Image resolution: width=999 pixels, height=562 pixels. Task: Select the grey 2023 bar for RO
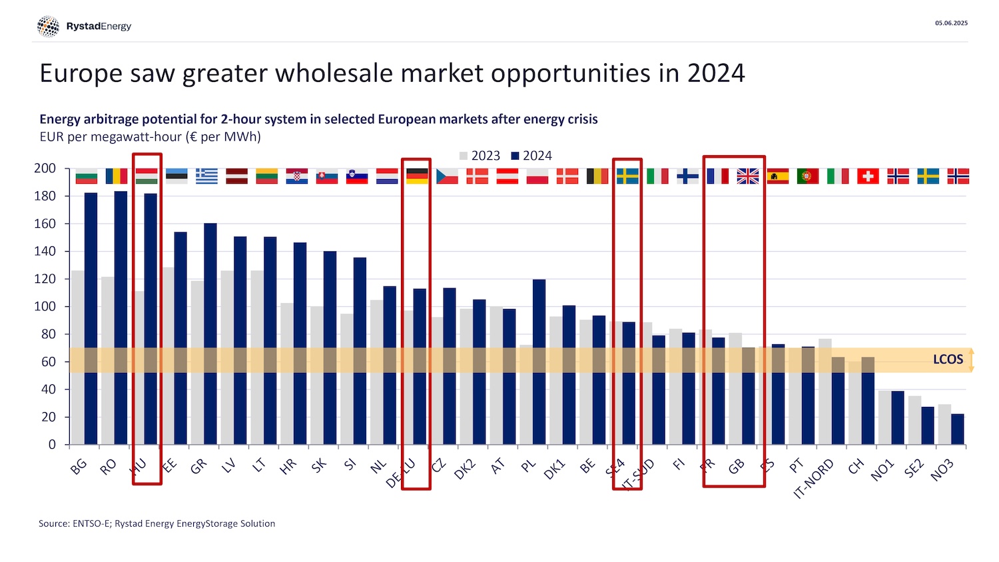tap(108, 360)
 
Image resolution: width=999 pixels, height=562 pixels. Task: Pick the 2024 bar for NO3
tap(958, 429)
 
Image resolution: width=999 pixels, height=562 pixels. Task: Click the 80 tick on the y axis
tap(49, 334)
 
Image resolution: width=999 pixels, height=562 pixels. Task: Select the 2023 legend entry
tap(480, 156)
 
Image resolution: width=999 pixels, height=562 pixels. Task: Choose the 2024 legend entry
tap(531, 156)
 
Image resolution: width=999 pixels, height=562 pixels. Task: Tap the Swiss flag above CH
tap(868, 176)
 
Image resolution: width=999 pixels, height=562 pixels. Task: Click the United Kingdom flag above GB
tap(748, 176)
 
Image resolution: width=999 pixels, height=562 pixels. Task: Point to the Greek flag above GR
tap(206, 176)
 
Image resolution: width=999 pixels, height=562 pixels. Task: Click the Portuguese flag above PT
tap(808, 176)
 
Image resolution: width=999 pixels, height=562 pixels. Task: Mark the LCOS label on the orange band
tap(948, 360)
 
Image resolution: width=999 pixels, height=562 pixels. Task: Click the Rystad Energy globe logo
tap(48, 27)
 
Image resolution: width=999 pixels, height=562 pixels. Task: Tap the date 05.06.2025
tap(951, 23)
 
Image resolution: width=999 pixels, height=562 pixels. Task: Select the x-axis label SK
tap(319, 465)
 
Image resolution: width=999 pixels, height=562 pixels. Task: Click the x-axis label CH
tap(856, 466)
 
